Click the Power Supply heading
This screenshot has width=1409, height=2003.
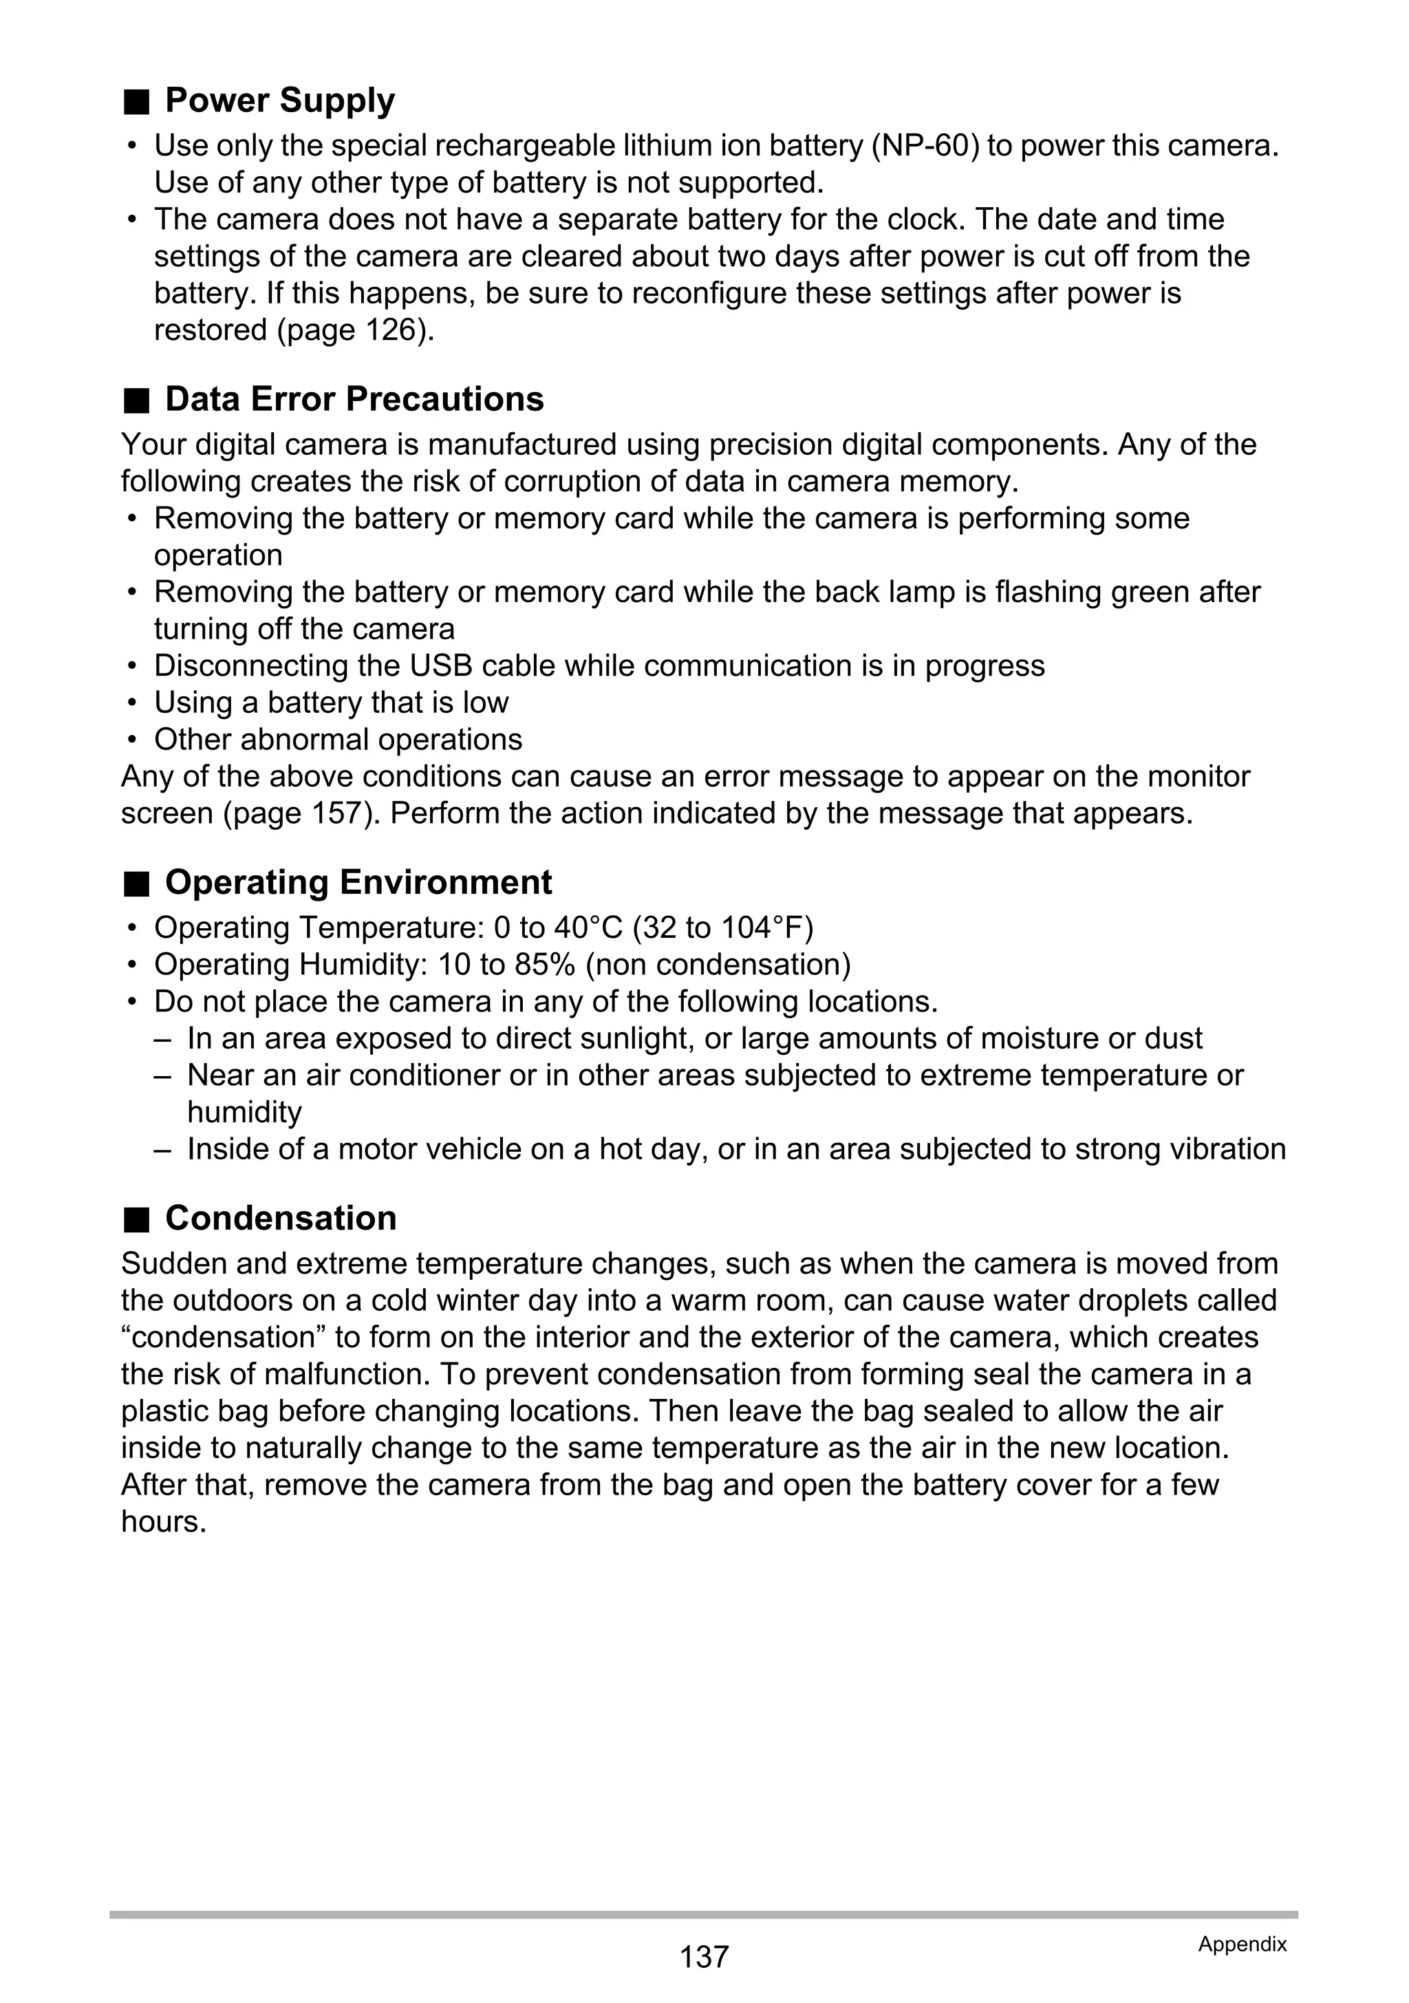tap(279, 101)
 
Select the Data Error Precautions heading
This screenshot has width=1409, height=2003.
tap(354, 400)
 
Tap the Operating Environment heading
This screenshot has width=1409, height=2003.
tap(358, 883)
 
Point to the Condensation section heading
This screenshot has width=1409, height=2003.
tap(280, 1219)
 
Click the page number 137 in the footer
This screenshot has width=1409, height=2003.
tap(703, 1957)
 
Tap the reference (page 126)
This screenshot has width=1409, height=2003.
tap(354, 331)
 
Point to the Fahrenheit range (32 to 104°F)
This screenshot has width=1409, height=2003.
tap(722, 928)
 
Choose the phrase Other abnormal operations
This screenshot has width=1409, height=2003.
tap(338, 740)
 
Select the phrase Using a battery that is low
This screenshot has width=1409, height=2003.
tap(331, 703)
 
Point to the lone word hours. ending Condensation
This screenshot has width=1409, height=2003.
tap(163, 1522)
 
